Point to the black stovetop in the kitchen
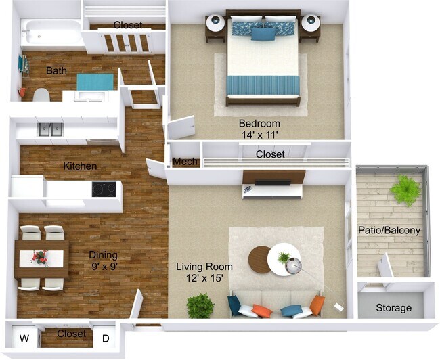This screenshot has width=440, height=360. pos(104,189)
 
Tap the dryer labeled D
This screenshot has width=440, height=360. pos(105,338)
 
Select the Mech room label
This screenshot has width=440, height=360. pos(184,162)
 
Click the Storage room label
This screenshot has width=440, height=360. pos(393,308)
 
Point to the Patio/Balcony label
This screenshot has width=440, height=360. pos(389,230)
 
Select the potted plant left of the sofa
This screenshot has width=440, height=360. pos(200,305)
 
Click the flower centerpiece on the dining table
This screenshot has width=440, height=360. pos(40,258)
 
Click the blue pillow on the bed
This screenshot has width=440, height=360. pos(263,33)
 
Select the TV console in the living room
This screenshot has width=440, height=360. pos(272,188)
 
